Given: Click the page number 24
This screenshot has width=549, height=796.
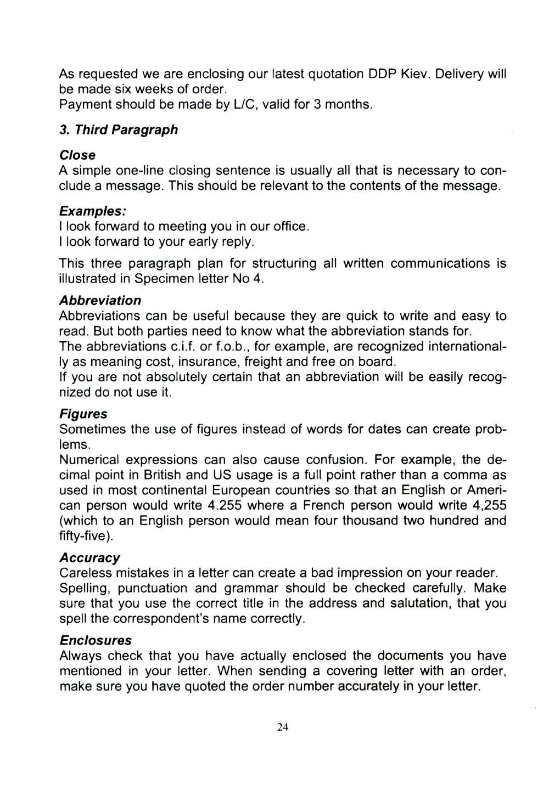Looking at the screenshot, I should pyautogui.click(x=283, y=727).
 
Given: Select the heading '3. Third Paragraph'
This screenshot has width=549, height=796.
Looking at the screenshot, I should pyautogui.click(x=119, y=129).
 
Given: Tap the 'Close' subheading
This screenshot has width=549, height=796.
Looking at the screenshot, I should pyautogui.click(x=77, y=155).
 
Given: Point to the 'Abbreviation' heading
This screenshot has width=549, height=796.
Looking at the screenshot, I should pyautogui.click(x=100, y=301).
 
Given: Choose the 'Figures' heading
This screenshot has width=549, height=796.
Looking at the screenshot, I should pyautogui.click(x=83, y=414).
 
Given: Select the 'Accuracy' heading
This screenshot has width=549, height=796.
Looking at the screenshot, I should pyautogui.click(x=89, y=558).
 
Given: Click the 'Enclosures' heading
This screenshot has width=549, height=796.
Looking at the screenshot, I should pyautogui.click(x=96, y=640).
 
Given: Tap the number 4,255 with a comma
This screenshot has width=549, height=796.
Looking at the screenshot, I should pyautogui.click(x=489, y=505).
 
